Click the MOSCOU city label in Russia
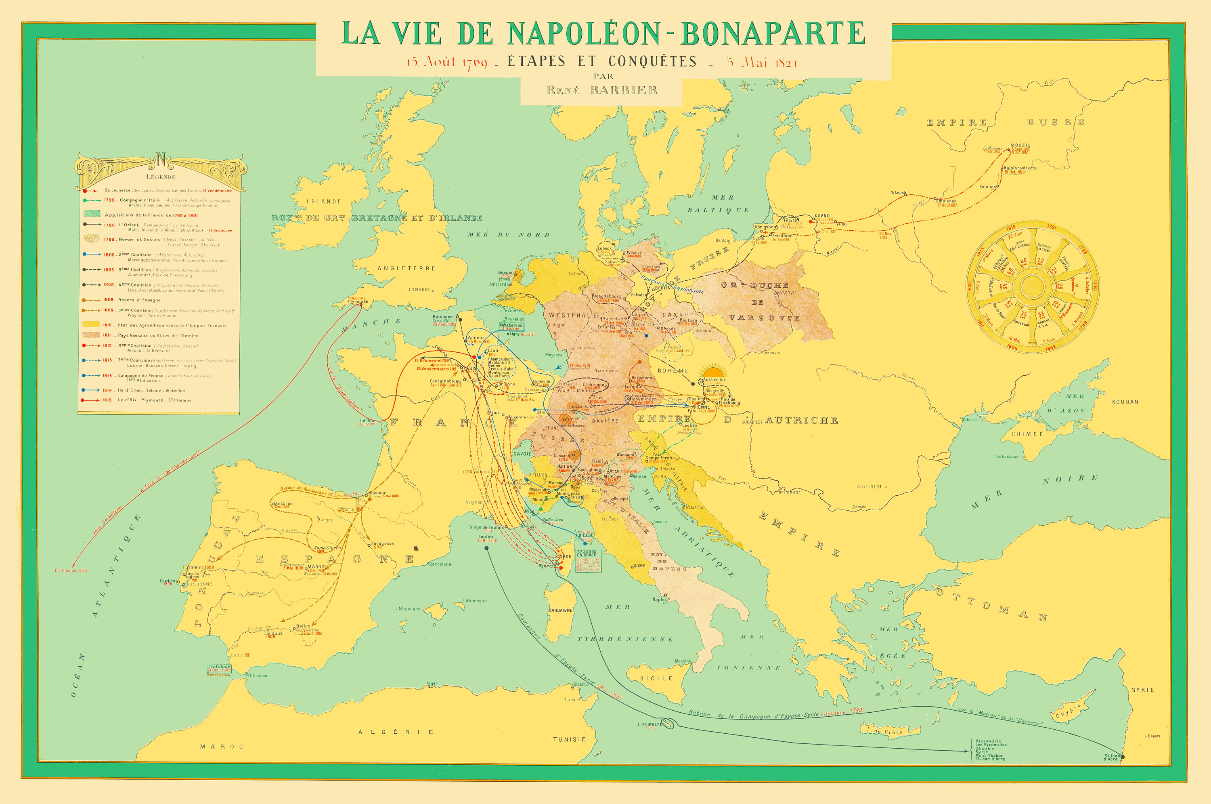click(1020, 145)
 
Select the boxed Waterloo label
click(512, 326)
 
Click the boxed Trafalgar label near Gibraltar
click(219, 668)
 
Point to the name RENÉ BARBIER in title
click(602, 90)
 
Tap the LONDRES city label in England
click(419, 290)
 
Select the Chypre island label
click(1068, 711)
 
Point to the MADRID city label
click(316, 566)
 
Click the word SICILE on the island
click(656, 678)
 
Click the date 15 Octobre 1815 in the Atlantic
click(71, 570)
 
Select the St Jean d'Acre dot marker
click(1122, 757)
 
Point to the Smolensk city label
click(946, 201)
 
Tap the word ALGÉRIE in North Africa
click(396, 732)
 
